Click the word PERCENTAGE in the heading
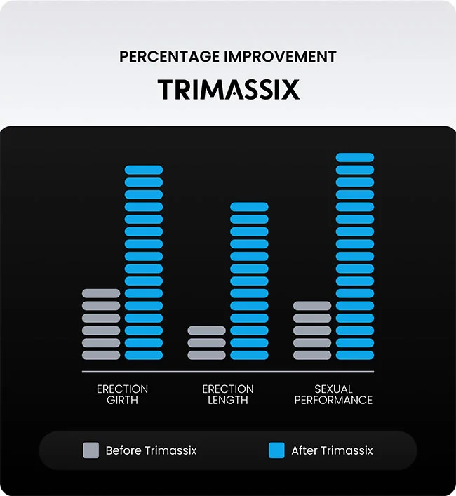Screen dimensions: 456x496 (x=169, y=57)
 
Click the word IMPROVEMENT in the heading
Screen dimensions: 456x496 (x=280, y=57)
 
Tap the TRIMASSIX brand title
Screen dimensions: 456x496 (x=228, y=90)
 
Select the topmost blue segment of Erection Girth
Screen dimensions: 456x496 (x=144, y=170)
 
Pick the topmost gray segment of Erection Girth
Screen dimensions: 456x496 (x=101, y=293)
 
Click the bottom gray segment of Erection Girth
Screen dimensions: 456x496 (x=101, y=355)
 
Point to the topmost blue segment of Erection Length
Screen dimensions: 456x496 (x=249, y=207)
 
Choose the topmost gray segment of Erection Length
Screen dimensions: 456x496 (x=206, y=330)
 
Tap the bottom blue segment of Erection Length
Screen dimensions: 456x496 (x=249, y=355)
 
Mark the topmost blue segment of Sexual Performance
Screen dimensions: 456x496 (x=355, y=158)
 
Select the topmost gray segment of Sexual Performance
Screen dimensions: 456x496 (x=312, y=306)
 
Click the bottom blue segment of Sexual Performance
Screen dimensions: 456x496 (x=355, y=355)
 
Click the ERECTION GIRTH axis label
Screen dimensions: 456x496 (x=122, y=394)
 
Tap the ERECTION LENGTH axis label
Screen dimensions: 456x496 (x=228, y=394)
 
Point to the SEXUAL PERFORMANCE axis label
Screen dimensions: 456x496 (x=333, y=394)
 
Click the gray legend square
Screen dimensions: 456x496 (x=90, y=450)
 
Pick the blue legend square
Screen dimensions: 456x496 (x=276, y=450)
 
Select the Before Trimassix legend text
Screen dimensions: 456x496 (x=151, y=450)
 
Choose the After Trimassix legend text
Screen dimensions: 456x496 (x=332, y=450)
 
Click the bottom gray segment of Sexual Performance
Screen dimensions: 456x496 (x=312, y=355)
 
